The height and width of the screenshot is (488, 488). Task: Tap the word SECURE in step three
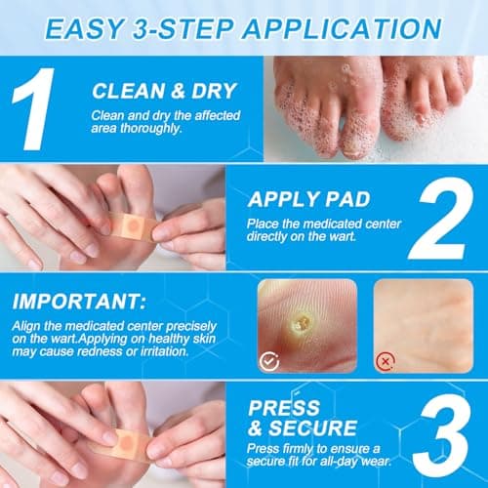[x=316, y=428]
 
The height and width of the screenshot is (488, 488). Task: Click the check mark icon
[x=269, y=359]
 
